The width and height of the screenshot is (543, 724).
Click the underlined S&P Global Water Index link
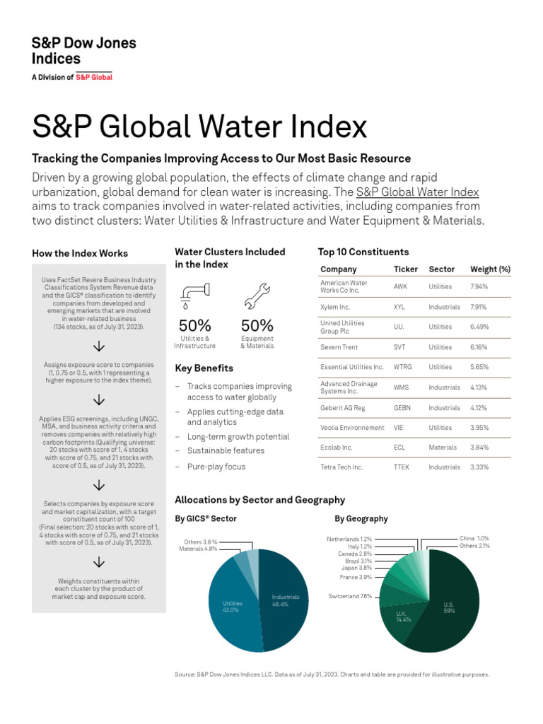pyautogui.click(x=417, y=192)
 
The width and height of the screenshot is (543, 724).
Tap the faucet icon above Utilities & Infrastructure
pyautogui.click(x=193, y=296)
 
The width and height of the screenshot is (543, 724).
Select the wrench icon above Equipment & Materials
pyautogui.click(x=257, y=296)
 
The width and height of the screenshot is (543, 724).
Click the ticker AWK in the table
pyautogui.click(x=400, y=287)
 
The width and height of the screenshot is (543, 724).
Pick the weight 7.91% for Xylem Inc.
pyautogui.click(x=479, y=308)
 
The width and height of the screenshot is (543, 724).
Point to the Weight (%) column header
pyautogui.click(x=490, y=269)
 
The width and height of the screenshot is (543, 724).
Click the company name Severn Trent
pyautogui.click(x=339, y=347)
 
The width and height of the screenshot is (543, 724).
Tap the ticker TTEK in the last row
pyautogui.click(x=401, y=467)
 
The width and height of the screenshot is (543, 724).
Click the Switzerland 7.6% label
pyautogui.click(x=349, y=596)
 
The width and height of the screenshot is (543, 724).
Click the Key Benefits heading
pyautogui.click(x=204, y=368)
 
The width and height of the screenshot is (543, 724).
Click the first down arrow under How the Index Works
pyautogui.click(x=99, y=346)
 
